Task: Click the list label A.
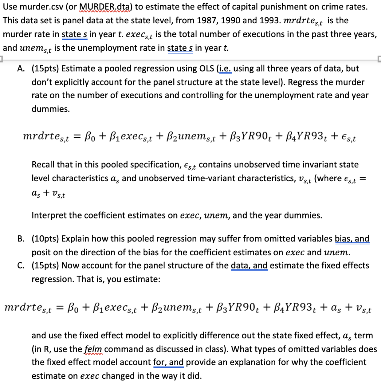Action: [21, 69]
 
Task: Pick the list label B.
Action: [21, 239]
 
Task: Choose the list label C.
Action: [21, 265]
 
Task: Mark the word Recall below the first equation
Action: [43, 165]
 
